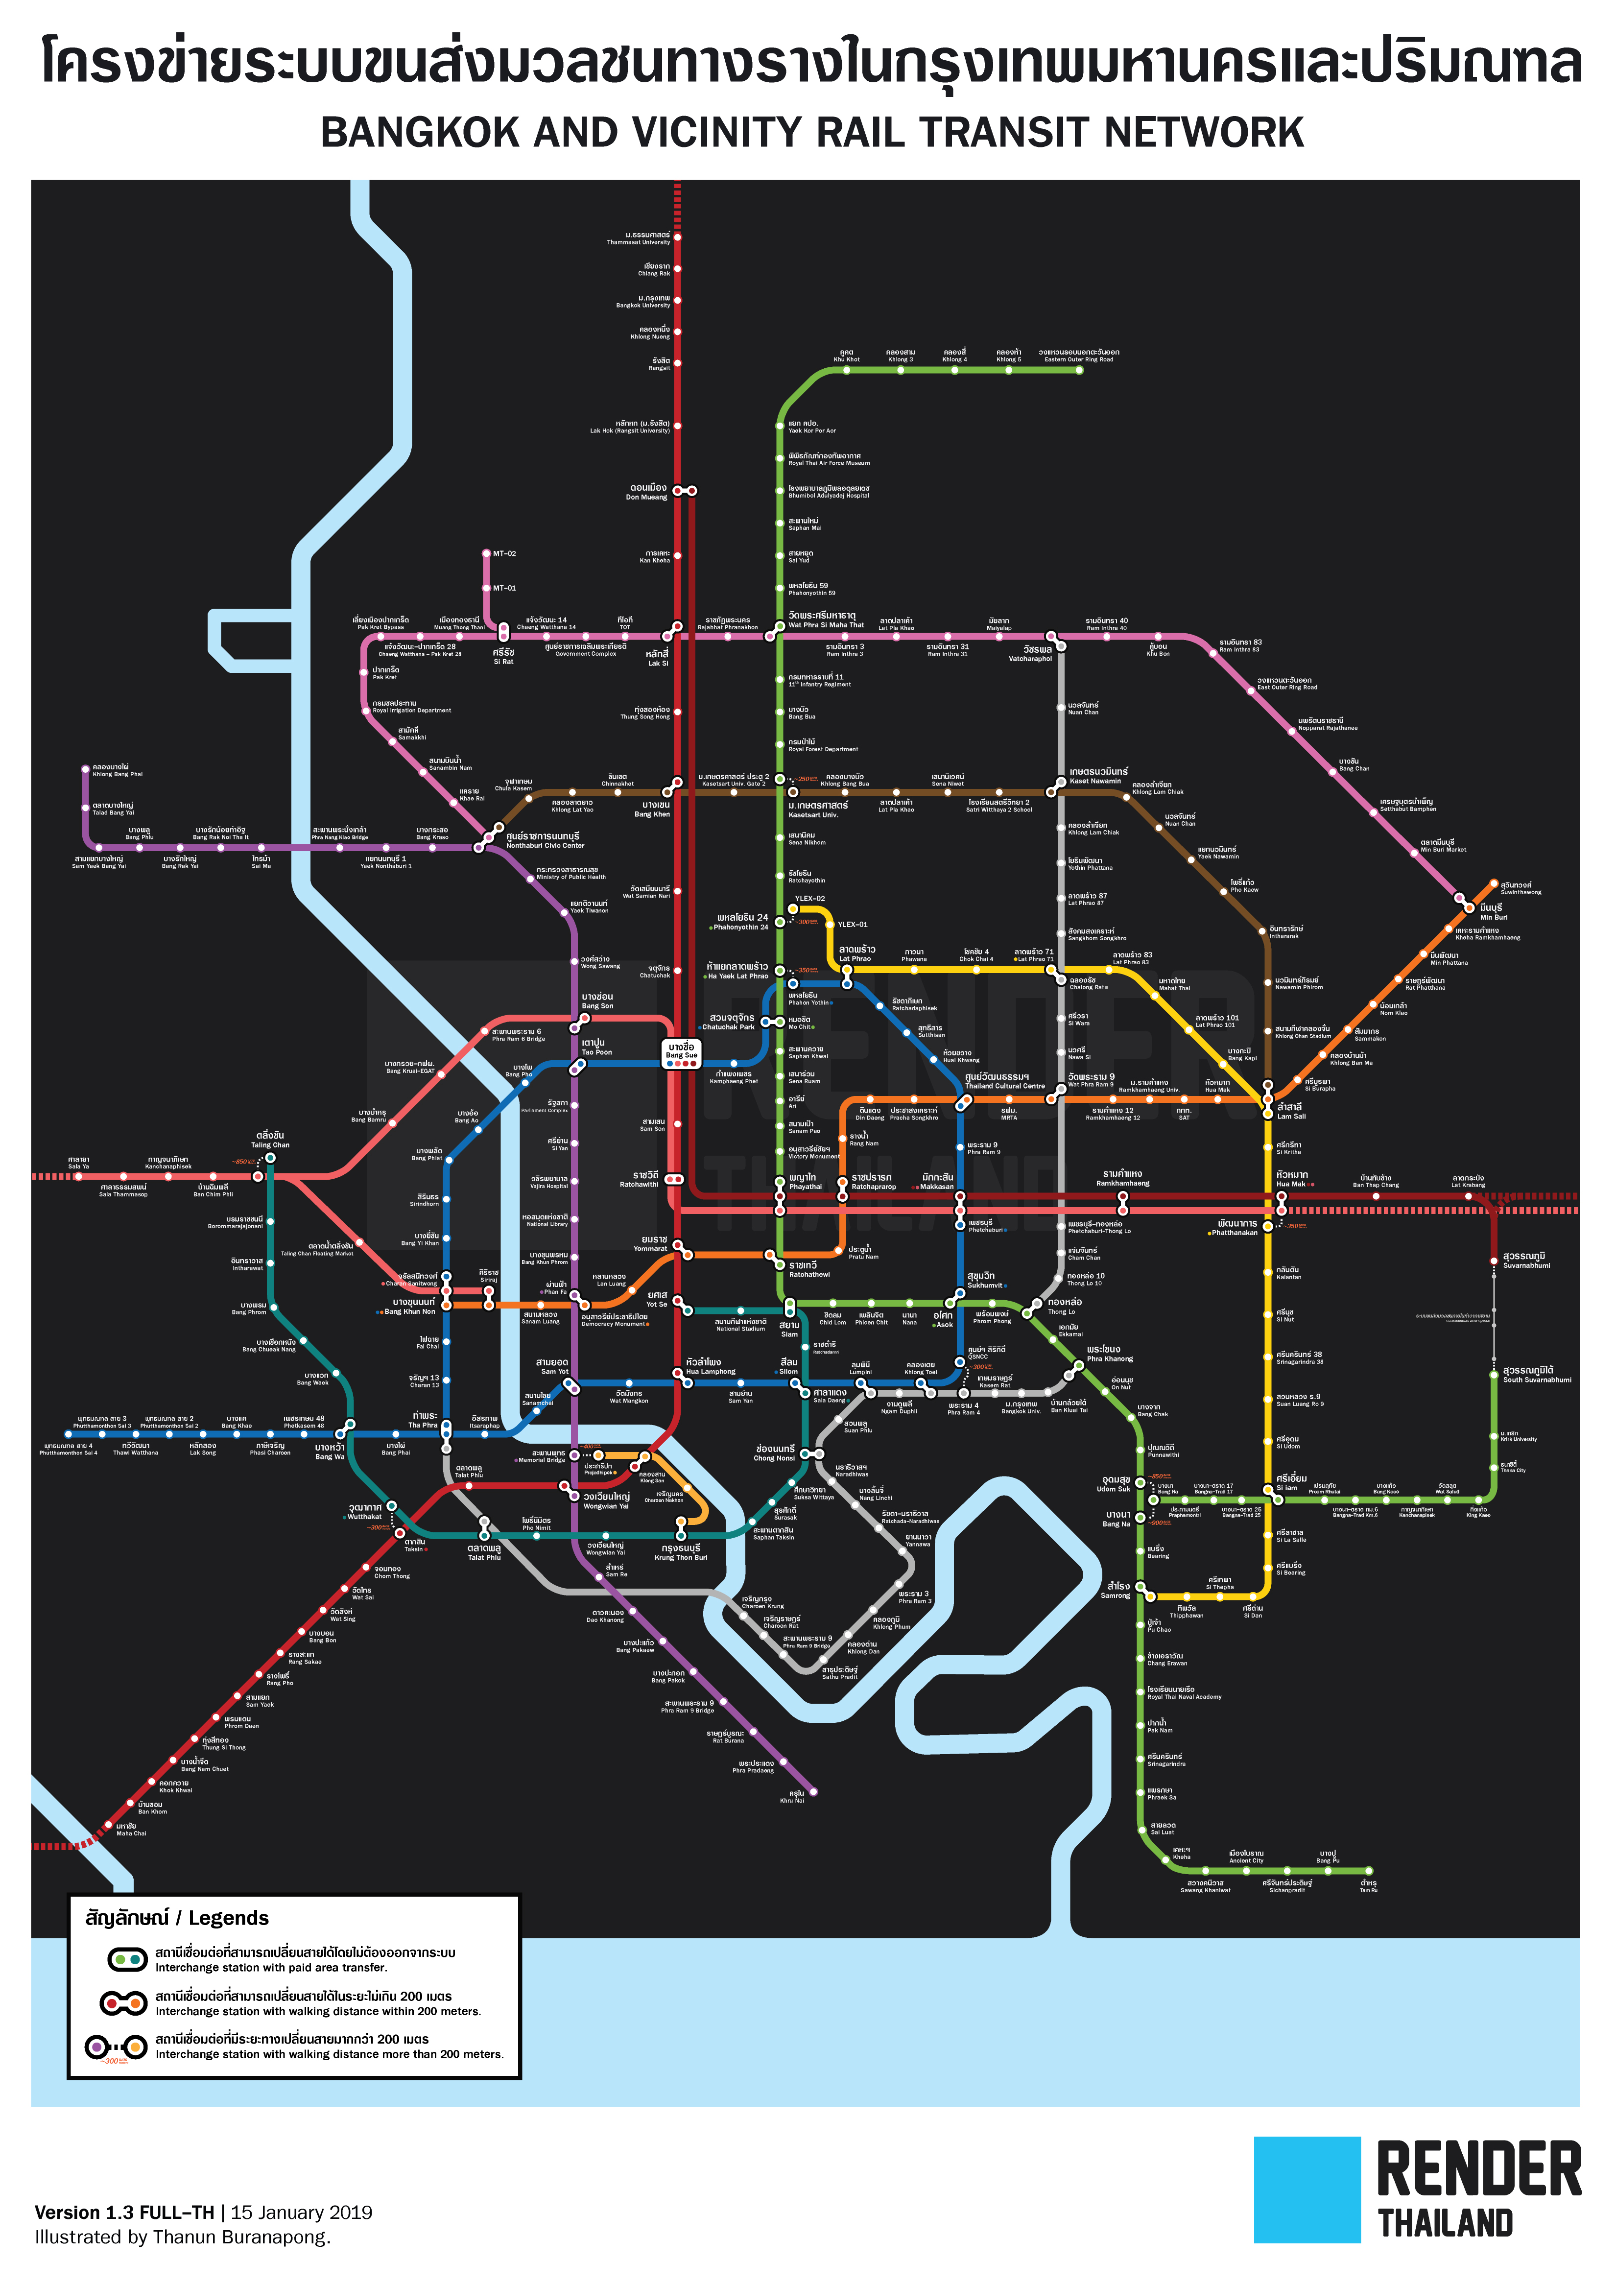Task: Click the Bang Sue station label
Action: coord(682,1050)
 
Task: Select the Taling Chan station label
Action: coord(270,1140)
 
